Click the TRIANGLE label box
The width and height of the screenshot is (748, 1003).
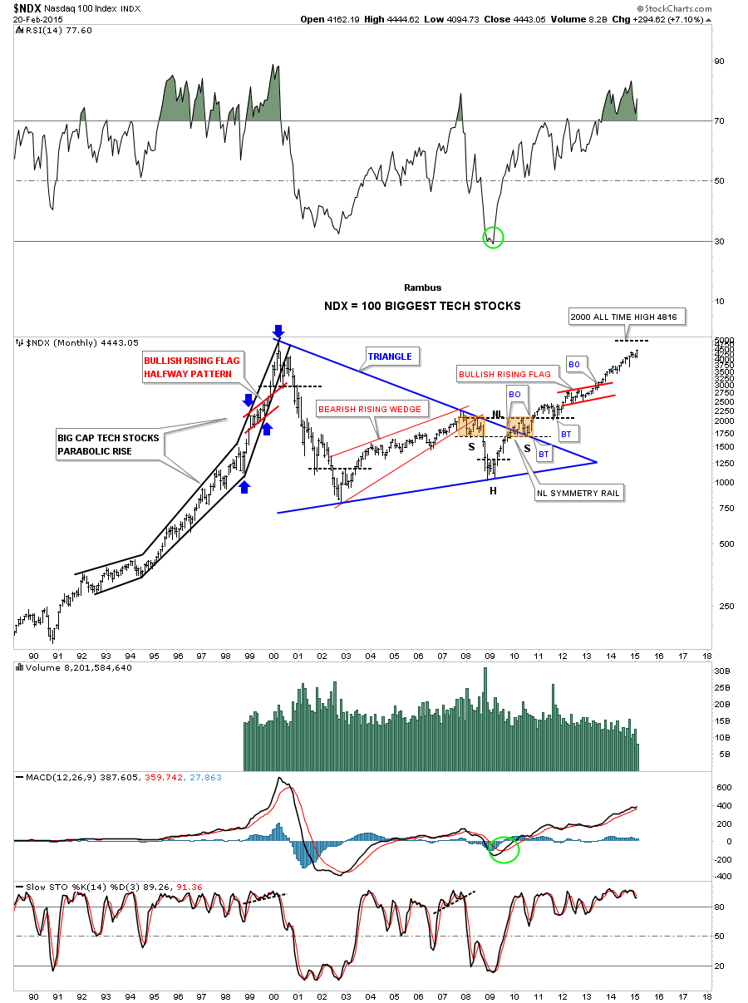tap(391, 356)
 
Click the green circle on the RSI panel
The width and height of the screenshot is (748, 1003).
tap(493, 237)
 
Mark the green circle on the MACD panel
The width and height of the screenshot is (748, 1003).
tap(503, 848)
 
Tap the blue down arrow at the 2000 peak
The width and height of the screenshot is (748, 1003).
tap(278, 332)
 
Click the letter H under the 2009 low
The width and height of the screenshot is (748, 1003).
tap(493, 491)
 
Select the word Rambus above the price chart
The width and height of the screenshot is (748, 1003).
tap(423, 288)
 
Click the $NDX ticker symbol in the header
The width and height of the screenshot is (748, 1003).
tap(30, 7)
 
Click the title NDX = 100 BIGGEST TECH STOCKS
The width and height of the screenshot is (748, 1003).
tap(422, 306)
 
